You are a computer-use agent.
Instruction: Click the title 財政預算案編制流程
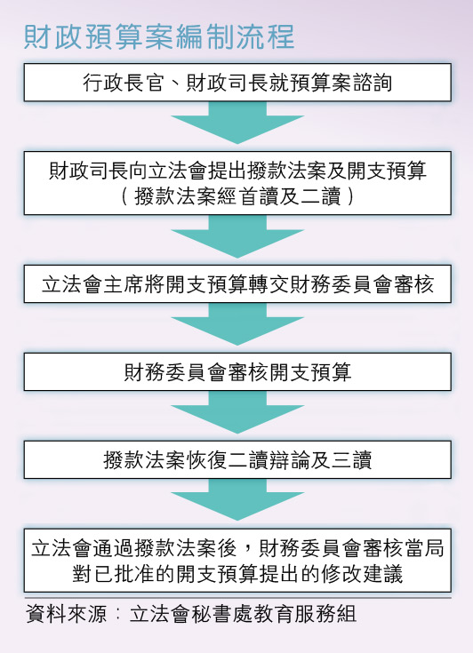(159, 36)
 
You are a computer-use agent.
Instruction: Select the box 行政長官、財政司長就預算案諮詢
(237, 82)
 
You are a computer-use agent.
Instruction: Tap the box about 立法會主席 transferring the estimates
(237, 283)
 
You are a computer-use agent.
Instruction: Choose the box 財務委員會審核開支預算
(237, 371)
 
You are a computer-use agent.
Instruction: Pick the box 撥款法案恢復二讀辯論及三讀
(237, 459)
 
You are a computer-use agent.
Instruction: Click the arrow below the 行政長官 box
(237, 123)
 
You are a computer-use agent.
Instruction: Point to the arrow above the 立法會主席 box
(237, 236)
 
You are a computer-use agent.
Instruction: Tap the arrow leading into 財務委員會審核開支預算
(237, 324)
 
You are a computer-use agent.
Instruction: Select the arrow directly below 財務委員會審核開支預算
(237, 412)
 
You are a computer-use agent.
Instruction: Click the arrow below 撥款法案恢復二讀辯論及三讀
(237, 499)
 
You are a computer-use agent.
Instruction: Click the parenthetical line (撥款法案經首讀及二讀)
(237, 196)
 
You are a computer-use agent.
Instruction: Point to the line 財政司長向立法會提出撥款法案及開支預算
(237, 171)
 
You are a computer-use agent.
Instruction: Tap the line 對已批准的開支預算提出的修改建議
(237, 573)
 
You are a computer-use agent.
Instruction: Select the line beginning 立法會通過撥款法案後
(237, 547)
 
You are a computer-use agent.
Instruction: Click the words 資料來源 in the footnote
(67, 613)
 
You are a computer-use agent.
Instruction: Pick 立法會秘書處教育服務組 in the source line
(243, 613)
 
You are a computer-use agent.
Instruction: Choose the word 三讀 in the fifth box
(351, 460)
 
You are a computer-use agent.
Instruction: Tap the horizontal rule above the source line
(237, 598)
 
